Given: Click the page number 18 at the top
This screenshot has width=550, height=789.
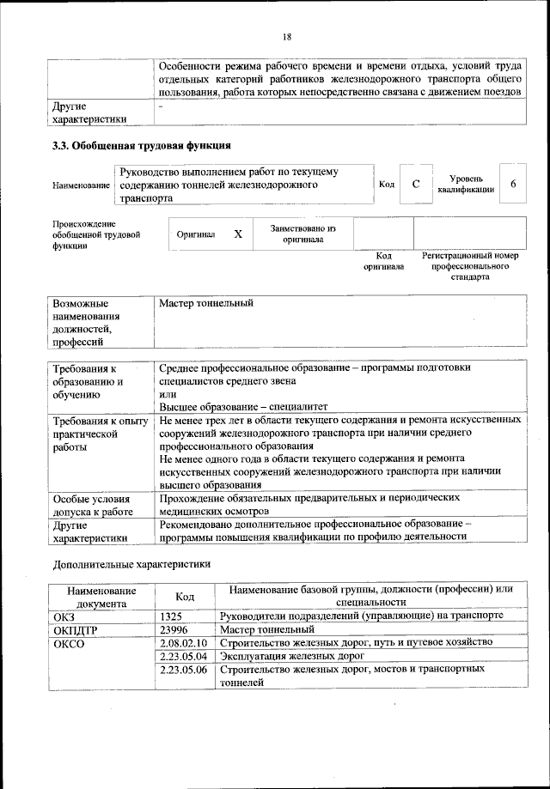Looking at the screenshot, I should click(x=287, y=36).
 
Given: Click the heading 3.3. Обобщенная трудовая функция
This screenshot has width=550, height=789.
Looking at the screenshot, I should click(x=142, y=146).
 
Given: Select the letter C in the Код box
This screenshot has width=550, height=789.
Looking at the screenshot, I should click(x=416, y=185).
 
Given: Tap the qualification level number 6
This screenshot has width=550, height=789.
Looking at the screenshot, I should click(x=513, y=185).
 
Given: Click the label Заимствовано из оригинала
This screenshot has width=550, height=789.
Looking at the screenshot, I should click(x=302, y=234).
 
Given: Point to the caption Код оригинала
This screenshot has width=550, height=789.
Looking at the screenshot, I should click(x=383, y=261).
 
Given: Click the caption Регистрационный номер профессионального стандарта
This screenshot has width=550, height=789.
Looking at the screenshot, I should click(x=470, y=266).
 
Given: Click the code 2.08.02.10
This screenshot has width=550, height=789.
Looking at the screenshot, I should click(x=183, y=643).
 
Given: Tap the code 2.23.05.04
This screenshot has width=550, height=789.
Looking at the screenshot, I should click(x=183, y=656).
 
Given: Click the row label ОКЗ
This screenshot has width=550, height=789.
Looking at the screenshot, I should click(x=64, y=616).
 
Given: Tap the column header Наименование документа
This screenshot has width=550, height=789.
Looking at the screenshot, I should click(x=101, y=596).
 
